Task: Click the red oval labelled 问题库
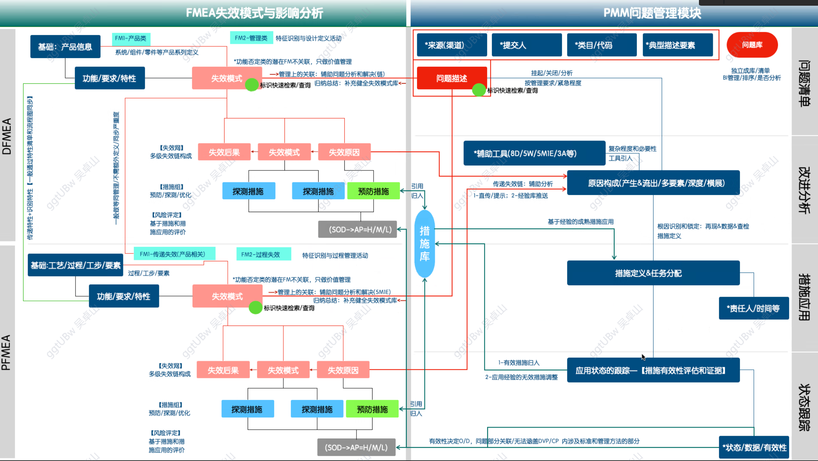(752, 45)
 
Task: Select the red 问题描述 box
(452, 78)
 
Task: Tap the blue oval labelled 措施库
(425, 244)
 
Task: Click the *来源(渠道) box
(452, 45)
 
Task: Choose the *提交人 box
(526, 45)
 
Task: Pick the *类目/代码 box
(602, 45)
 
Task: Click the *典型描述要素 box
(677, 45)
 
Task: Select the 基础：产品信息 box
(65, 47)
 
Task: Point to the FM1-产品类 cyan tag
(131, 38)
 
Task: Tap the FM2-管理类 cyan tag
(251, 38)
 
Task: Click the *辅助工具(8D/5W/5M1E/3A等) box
(534, 153)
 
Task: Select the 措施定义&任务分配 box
(653, 273)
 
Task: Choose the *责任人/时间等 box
(753, 308)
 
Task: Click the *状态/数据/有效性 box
(754, 447)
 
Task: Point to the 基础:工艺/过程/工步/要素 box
(76, 265)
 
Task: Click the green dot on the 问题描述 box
(479, 90)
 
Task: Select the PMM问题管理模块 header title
(652, 13)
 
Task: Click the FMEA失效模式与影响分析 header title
(254, 13)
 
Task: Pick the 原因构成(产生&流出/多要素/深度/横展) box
(653, 183)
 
